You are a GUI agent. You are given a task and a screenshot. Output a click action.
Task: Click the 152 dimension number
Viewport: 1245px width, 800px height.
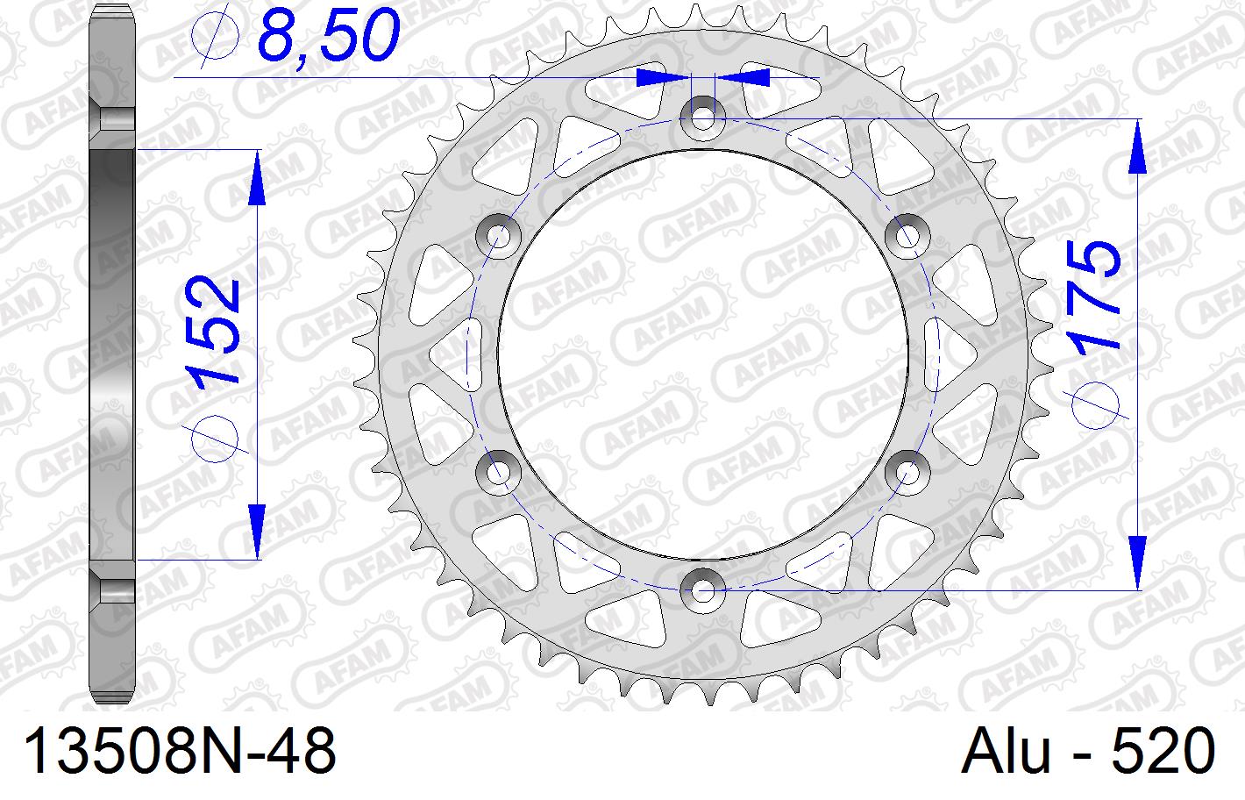(213, 331)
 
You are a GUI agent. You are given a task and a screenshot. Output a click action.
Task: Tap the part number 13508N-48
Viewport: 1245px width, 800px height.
(179, 752)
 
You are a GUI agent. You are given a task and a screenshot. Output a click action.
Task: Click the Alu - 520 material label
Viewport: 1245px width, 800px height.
(1088, 752)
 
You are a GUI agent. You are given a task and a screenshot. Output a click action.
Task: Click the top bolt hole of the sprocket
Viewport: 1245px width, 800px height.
(702, 117)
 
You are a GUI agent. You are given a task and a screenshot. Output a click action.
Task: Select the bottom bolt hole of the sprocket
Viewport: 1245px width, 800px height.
(702, 590)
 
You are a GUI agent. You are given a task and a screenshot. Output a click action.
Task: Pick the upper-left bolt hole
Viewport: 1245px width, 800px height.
(498, 234)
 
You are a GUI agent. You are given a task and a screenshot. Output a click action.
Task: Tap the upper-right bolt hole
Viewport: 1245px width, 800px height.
(907, 234)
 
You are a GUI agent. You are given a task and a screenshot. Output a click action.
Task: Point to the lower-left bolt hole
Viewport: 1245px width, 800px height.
(498, 472)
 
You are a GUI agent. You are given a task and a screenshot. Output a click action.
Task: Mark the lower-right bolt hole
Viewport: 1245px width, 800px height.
(907, 472)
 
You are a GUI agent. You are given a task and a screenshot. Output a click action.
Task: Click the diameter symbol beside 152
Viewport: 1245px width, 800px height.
(213, 436)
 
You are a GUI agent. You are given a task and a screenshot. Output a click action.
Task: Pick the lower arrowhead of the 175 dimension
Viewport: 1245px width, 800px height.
(1138, 561)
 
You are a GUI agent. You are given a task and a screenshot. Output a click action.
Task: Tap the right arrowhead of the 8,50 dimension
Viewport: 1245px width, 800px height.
(743, 78)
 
